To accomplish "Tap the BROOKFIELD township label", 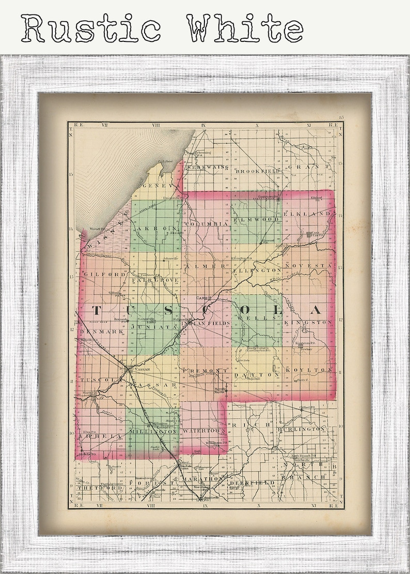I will [x=257, y=170].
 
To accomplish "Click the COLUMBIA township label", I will [x=206, y=224].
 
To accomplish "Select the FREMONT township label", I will [x=204, y=371].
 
